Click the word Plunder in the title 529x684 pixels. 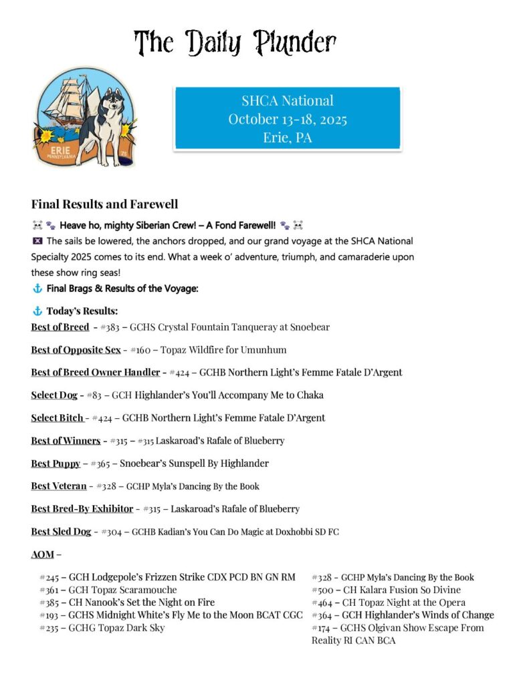(294, 43)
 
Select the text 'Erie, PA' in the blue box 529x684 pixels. (287, 138)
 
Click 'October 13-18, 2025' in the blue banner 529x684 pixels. (287, 120)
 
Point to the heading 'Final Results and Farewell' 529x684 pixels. (104, 204)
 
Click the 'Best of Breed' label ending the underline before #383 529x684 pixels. (60, 327)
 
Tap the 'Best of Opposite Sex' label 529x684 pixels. (76, 350)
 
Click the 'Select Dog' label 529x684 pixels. (54, 395)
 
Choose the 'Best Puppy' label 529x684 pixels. (56, 463)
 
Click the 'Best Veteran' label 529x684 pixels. (58, 486)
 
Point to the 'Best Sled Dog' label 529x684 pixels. (61, 531)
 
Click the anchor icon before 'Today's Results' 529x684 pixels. (37, 311)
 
